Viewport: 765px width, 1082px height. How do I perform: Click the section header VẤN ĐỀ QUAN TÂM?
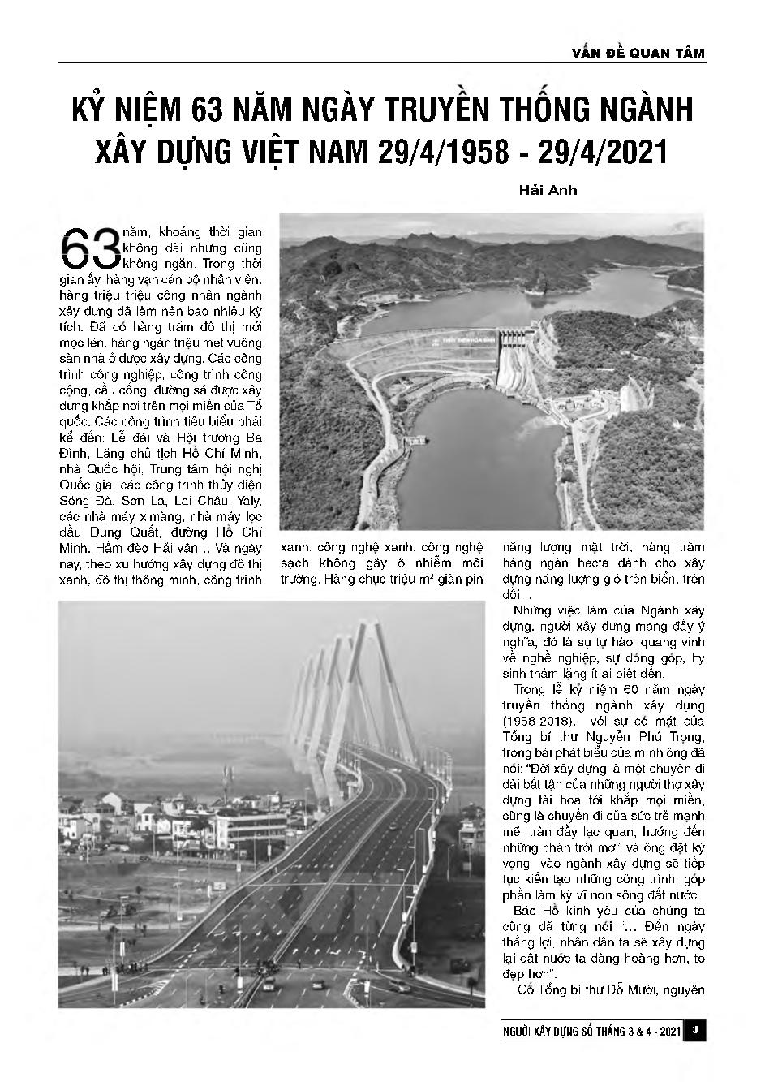point(638,53)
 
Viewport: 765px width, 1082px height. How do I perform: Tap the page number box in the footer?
point(695,1031)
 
